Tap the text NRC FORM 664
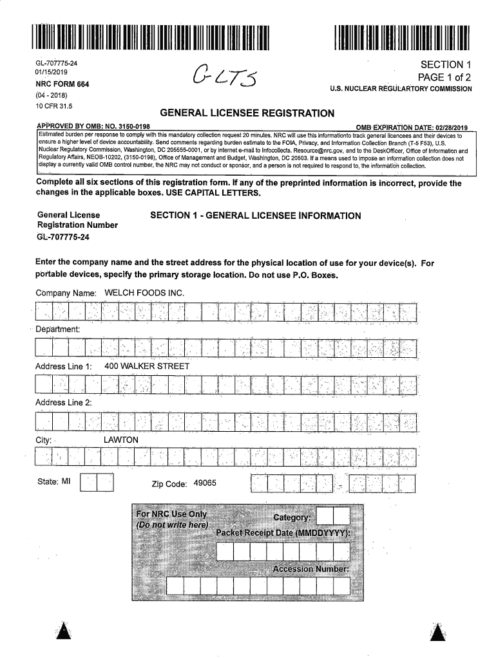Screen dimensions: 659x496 point(62,84)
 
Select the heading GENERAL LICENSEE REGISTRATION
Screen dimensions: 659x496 point(247,113)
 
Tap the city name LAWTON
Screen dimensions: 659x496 point(120,440)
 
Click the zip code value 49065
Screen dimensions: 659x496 point(204,484)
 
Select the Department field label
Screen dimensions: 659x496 point(57,329)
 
